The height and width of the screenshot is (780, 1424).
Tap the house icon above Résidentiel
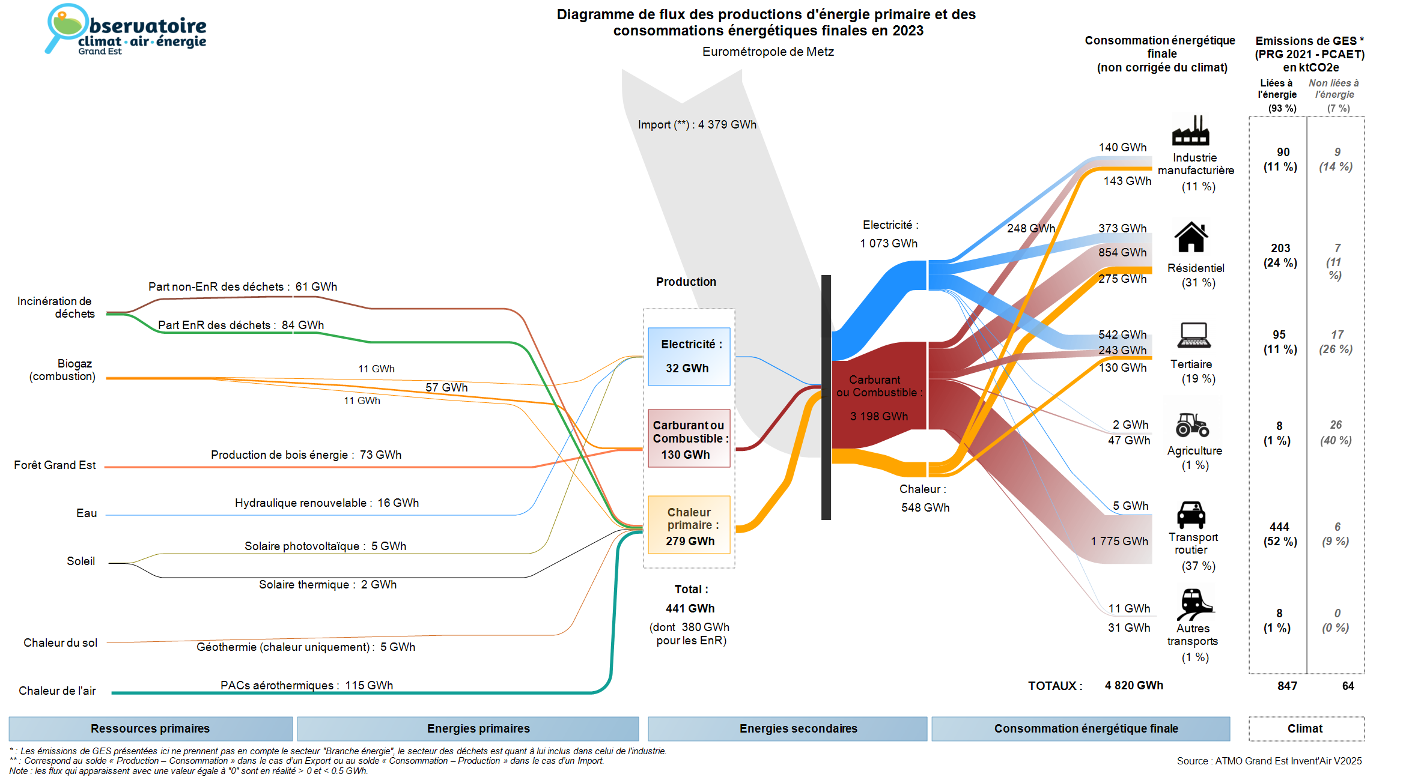point(1191,237)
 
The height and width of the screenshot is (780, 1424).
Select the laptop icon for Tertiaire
point(1194,335)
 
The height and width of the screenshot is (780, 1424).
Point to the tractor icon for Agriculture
point(1192,425)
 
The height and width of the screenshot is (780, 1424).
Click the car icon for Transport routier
point(1191,515)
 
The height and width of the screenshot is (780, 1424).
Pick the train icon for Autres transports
point(1194,604)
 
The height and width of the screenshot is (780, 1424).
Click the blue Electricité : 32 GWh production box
point(689,356)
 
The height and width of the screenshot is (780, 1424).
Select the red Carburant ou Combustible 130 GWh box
point(689,438)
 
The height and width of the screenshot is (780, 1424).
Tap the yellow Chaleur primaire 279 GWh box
point(689,525)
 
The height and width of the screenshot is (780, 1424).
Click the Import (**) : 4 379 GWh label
point(697,125)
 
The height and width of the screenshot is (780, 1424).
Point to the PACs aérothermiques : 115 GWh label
point(306,685)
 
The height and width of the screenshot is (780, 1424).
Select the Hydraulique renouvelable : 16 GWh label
point(326,503)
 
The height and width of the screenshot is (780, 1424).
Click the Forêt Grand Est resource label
point(55,465)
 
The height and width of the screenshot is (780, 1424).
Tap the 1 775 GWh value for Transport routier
point(1119,541)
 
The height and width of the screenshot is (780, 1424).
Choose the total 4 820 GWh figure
point(1133,685)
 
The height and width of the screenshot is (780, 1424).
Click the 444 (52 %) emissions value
point(1280,534)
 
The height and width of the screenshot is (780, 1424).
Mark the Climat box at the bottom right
point(1306,728)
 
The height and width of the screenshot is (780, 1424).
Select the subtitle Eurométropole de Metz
point(768,52)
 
